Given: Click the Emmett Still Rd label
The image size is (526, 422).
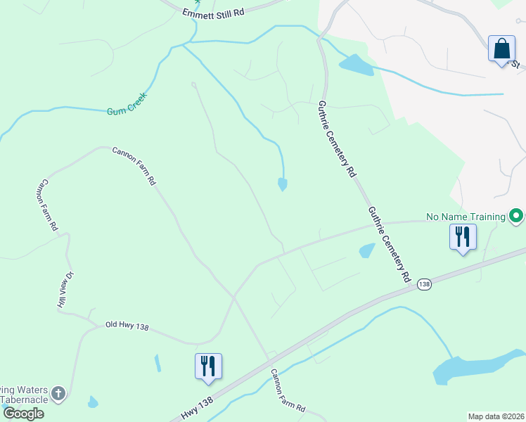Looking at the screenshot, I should click(212, 13).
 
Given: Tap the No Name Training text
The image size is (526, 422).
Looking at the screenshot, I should click(466, 217).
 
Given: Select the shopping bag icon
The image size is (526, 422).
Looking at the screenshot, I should click(501, 49).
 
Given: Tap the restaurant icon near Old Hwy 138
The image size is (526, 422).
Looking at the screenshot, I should click(208, 366).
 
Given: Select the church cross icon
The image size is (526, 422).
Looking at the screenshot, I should click(59, 393).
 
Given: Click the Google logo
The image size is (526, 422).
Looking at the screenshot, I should click(23, 414).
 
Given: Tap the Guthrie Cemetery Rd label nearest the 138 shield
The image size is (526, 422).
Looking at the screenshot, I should click(387, 244).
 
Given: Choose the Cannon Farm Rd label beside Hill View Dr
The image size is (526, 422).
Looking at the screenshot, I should click(47, 205).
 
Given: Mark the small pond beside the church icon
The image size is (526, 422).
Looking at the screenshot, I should click(92, 402).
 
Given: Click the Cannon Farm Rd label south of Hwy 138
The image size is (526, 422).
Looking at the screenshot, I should click(288, 390).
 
